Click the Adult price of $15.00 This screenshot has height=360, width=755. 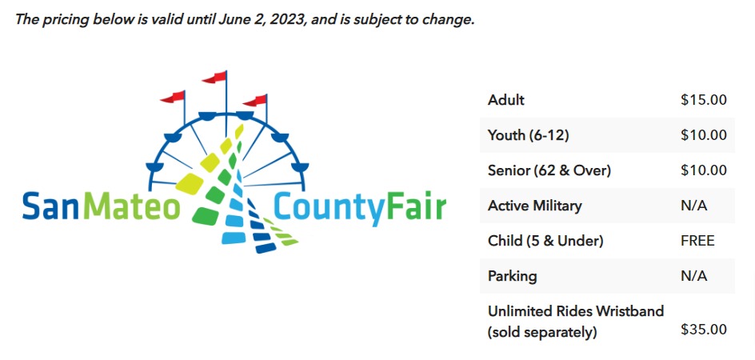pyautogui.click(x=704, y=100)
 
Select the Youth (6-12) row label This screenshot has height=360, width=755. pyautogui.click(x=528, y=135)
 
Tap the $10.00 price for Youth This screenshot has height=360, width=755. pyautogui.click(x=704, y=135)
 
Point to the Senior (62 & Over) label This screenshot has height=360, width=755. pyautogui.click(x=549, y=170)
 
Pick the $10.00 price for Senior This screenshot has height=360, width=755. pyautogui.click(x=704, y=170)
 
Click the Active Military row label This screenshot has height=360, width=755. pyautogui.click(x=534, y=206)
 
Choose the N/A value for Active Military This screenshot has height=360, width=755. pyautogui.click(x=694, y=206)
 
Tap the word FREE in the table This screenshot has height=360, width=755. pyautogui.click(x=697, y=241)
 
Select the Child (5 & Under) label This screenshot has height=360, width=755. pyautogui.click(x=545, y=241)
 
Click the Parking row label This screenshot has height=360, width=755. pyautogui.click(x=512, y=276)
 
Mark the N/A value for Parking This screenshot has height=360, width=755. pyautogui.click(x=694, y=276)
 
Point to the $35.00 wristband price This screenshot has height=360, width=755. pyautogui.click(x=704, y=330)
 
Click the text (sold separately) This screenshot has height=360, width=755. pyautogui.click(x=542, y=332)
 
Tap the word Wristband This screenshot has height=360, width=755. pyautogui.click(x=630, y=311)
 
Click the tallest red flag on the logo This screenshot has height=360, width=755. pyautogui.click(x=214, y=77)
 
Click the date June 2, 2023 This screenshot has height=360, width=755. pyautogui.click(x=261, y=22)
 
